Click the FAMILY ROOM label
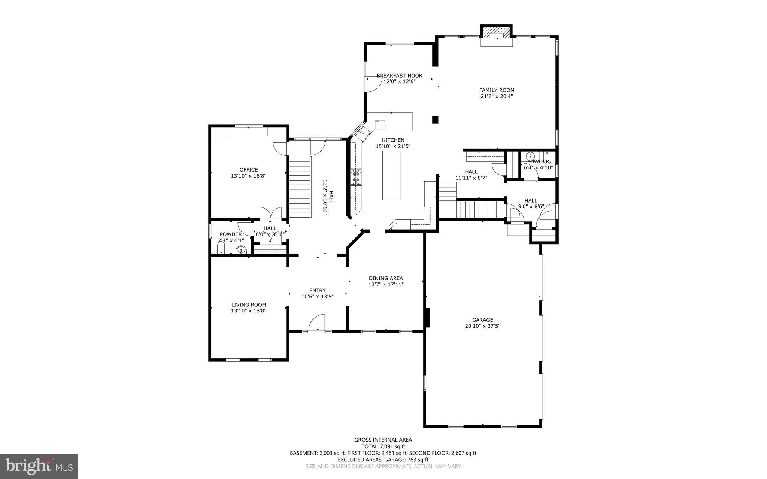pos(497,90)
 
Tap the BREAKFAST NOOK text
pos(399,76)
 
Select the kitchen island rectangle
pos(391,175)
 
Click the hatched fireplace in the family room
pos(497,32)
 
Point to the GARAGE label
pos(482,320)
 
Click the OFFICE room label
pos(249,170)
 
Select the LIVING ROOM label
pos(249,305)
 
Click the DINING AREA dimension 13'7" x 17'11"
pos(386,284)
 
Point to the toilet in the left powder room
pos(221,248)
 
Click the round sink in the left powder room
pos(242,249)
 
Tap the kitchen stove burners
pos(356,177)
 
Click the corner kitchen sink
pos(363,133)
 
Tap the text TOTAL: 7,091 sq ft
pos(383,446)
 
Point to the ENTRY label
pos(317,290)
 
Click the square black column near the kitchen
pos(435,120)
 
